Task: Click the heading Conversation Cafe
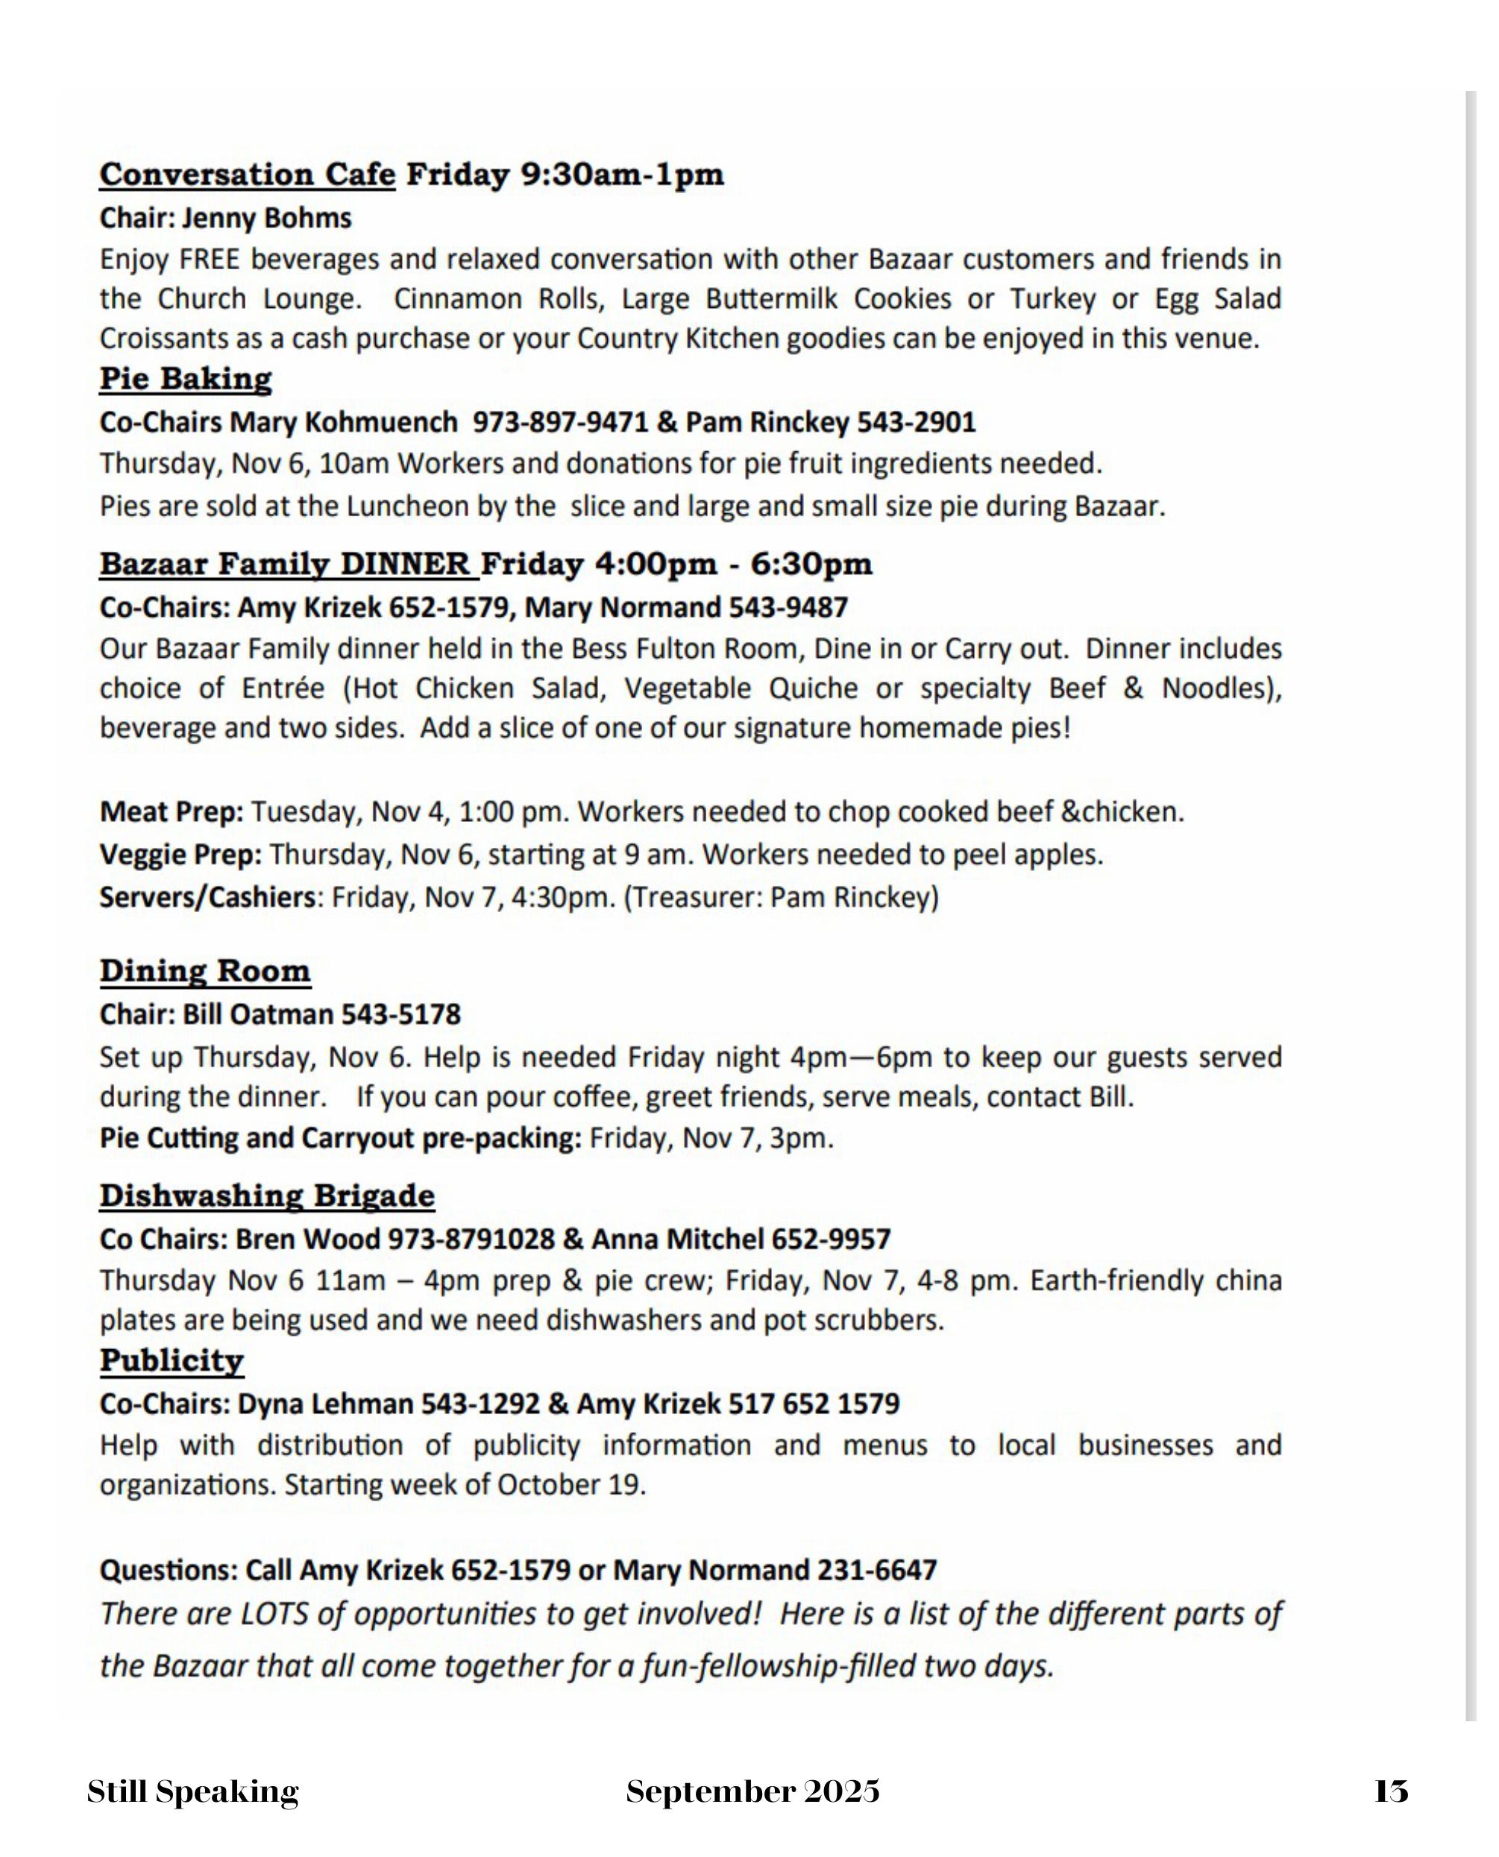(x=247, y=175)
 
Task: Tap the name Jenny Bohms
(x=266, y=219)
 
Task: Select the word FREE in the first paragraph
(x=209, y=260)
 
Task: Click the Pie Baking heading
(x=186, y=379)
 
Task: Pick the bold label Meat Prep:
(x=171, y=812)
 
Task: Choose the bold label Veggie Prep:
(x=180, y=855)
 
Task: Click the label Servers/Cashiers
(x=207, y=898)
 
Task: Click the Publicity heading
(x=172, y=1362)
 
